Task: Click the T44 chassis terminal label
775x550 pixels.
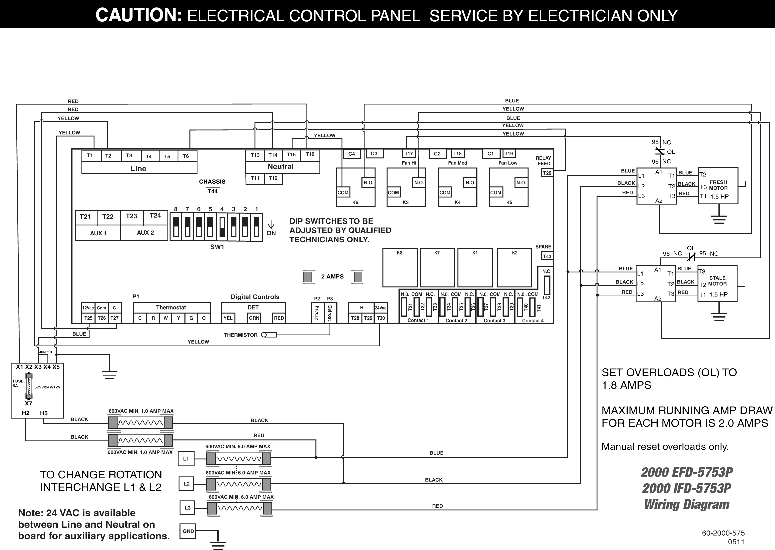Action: pyautogui.click(x=212, y=191)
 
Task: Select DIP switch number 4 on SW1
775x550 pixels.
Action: pyautogui.click(x=222, y=227)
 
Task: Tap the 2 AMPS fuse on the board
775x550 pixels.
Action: pyautogui.click(x=332, y=277)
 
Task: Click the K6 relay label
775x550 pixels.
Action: pyautogui.click(x=355, y=203)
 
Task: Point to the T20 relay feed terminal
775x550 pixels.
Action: pyautogui.click(x=547, y=173)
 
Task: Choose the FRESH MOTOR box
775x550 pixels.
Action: pyautogui.click(x=718, y=186)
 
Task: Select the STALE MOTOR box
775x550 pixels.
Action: pyautogui.click(x=717, y=283)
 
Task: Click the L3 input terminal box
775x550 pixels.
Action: pyautogui.click(x=187, y=508)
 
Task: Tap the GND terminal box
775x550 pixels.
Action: pyautogui.click(x=188, y=531)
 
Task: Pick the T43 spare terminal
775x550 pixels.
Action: pyautogui.click(x=547, y=256)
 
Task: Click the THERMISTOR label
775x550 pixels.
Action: pyautogui.click(x=241, y=335)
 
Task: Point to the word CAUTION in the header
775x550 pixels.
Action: pyautogui.click(x=139, y=15)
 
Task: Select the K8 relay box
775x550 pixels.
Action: pyautogui.click(x=400, y=268)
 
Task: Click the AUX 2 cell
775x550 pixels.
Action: pyautogui.click(x=145, y=233)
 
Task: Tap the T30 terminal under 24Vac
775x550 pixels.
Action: pyautogui.click(x=381, y=318)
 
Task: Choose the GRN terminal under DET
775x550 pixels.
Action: pyautogui.click(x=254, y=318)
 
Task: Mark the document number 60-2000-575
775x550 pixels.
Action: pyautogui.click(x=723, y=533)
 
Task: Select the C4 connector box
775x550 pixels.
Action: pyautogui.click(x=352, y=154)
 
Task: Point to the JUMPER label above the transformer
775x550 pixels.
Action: pyautogui.click(x=46, y=352)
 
